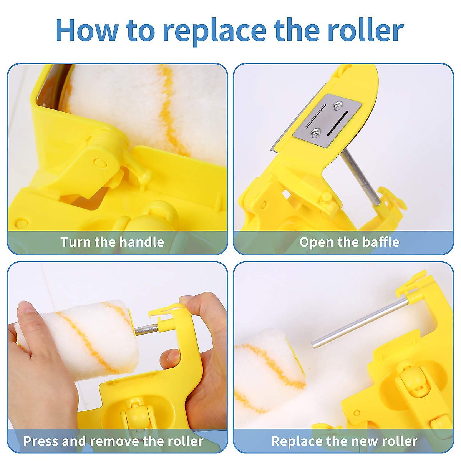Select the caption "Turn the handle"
coord(112,242)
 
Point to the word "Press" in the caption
coord(41,441)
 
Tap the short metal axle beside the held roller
coord(146,329)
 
